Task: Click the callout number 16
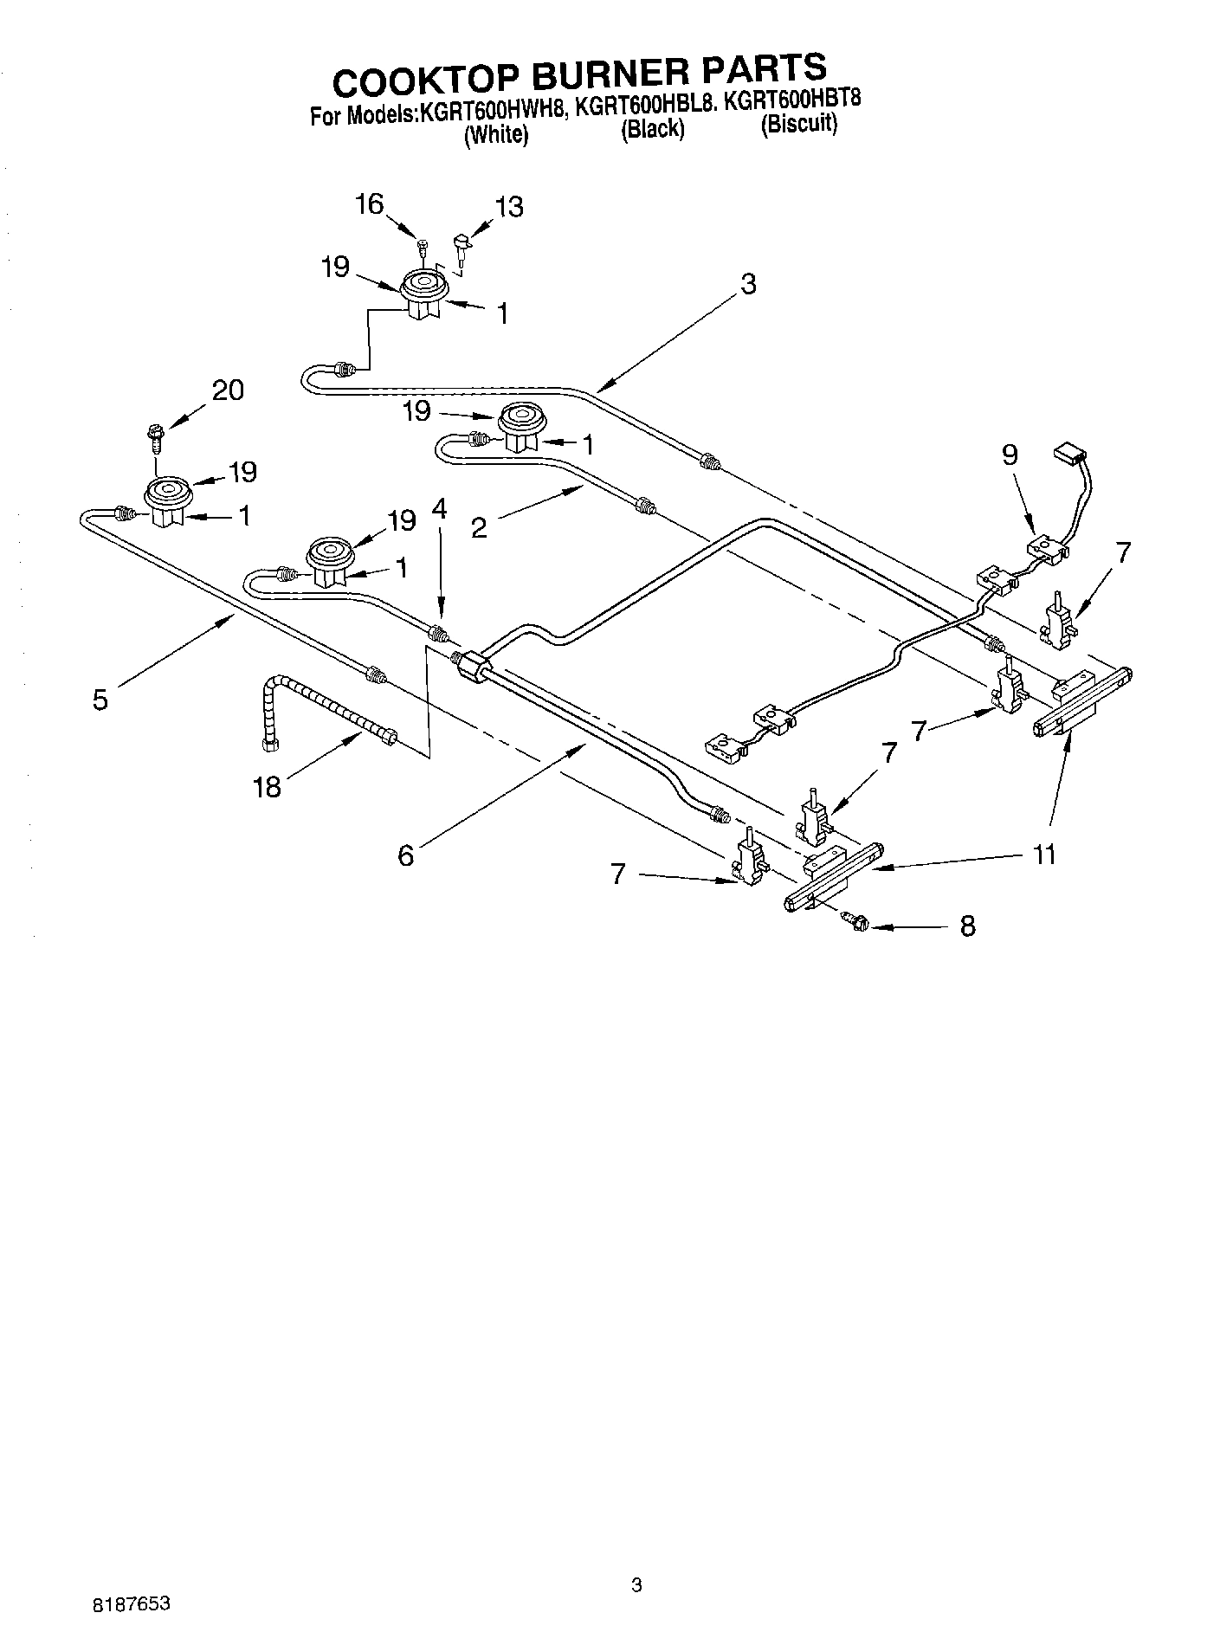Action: click(369, 204)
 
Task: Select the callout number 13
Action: click(509, 207)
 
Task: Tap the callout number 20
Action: click(228, 390)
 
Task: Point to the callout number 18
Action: click(268, 787)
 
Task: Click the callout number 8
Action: click(967, 926)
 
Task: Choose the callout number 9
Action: click(1010, 455)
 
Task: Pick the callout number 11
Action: click(1044, 855)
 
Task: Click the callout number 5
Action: click(100, 700)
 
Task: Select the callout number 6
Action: click(405, 855)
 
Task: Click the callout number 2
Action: click(479, 527)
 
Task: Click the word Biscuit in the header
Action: click(798, 124)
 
